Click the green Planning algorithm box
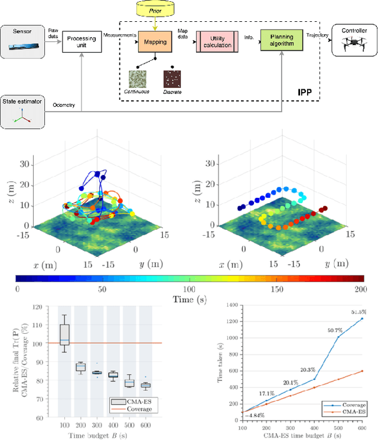pyautogui.click(x=281, y=43)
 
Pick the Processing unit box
pyautogui.click(x=81, y=43)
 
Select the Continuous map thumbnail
pyautogui.click(x=138, y=79)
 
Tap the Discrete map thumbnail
pyautogui.click(x=173, y=79)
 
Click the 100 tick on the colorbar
pyautogui.click(x=189, y=289)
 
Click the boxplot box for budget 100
pyautogui.click(x=66, y=334)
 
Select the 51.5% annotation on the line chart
pyautogui.click(x=358, y=312)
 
